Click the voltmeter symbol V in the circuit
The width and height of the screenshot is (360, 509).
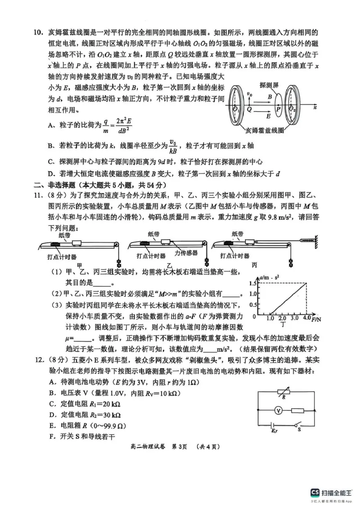click(x=278, y=411)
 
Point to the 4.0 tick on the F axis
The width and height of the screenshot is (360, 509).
click(x=306, y=318)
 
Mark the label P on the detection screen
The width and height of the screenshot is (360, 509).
click(x=279, y=109)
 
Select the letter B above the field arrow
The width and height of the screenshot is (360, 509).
click(x=269, y=97)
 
